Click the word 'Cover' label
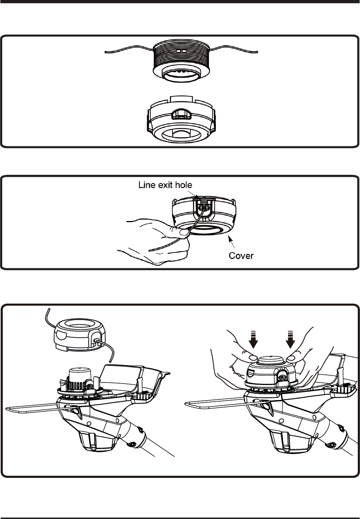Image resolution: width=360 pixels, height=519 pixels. pos(241,256)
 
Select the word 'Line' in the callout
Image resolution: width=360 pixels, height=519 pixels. pos(146,185)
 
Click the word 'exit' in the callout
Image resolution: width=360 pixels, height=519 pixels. pos(164,185)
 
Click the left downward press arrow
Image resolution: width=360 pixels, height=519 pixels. pos(253,339)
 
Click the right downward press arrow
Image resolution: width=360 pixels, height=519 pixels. pos(290,339)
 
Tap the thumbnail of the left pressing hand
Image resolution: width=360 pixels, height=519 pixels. pos(253,358)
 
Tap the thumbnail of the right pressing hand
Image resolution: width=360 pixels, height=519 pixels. pos(291,358)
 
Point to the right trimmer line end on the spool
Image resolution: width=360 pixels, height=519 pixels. pos(257,52)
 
